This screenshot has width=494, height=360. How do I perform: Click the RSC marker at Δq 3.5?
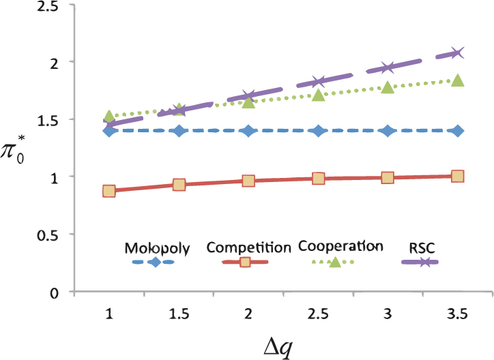(x=457, y=53)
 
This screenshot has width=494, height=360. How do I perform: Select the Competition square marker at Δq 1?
(x=109, y=191)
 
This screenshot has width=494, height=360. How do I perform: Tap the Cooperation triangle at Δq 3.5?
(x=457, y=80)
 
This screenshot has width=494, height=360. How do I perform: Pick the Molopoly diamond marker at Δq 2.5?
(x=318, y=130)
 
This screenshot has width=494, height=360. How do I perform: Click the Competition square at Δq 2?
(x=248, y=181)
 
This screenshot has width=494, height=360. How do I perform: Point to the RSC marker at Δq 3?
(x=388, y=67)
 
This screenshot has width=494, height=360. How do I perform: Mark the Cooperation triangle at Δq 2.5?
(x=318, y=94)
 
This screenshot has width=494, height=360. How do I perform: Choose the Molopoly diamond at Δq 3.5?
(x=457, y=130)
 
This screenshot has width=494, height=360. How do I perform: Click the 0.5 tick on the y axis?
(x=46, y=235)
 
